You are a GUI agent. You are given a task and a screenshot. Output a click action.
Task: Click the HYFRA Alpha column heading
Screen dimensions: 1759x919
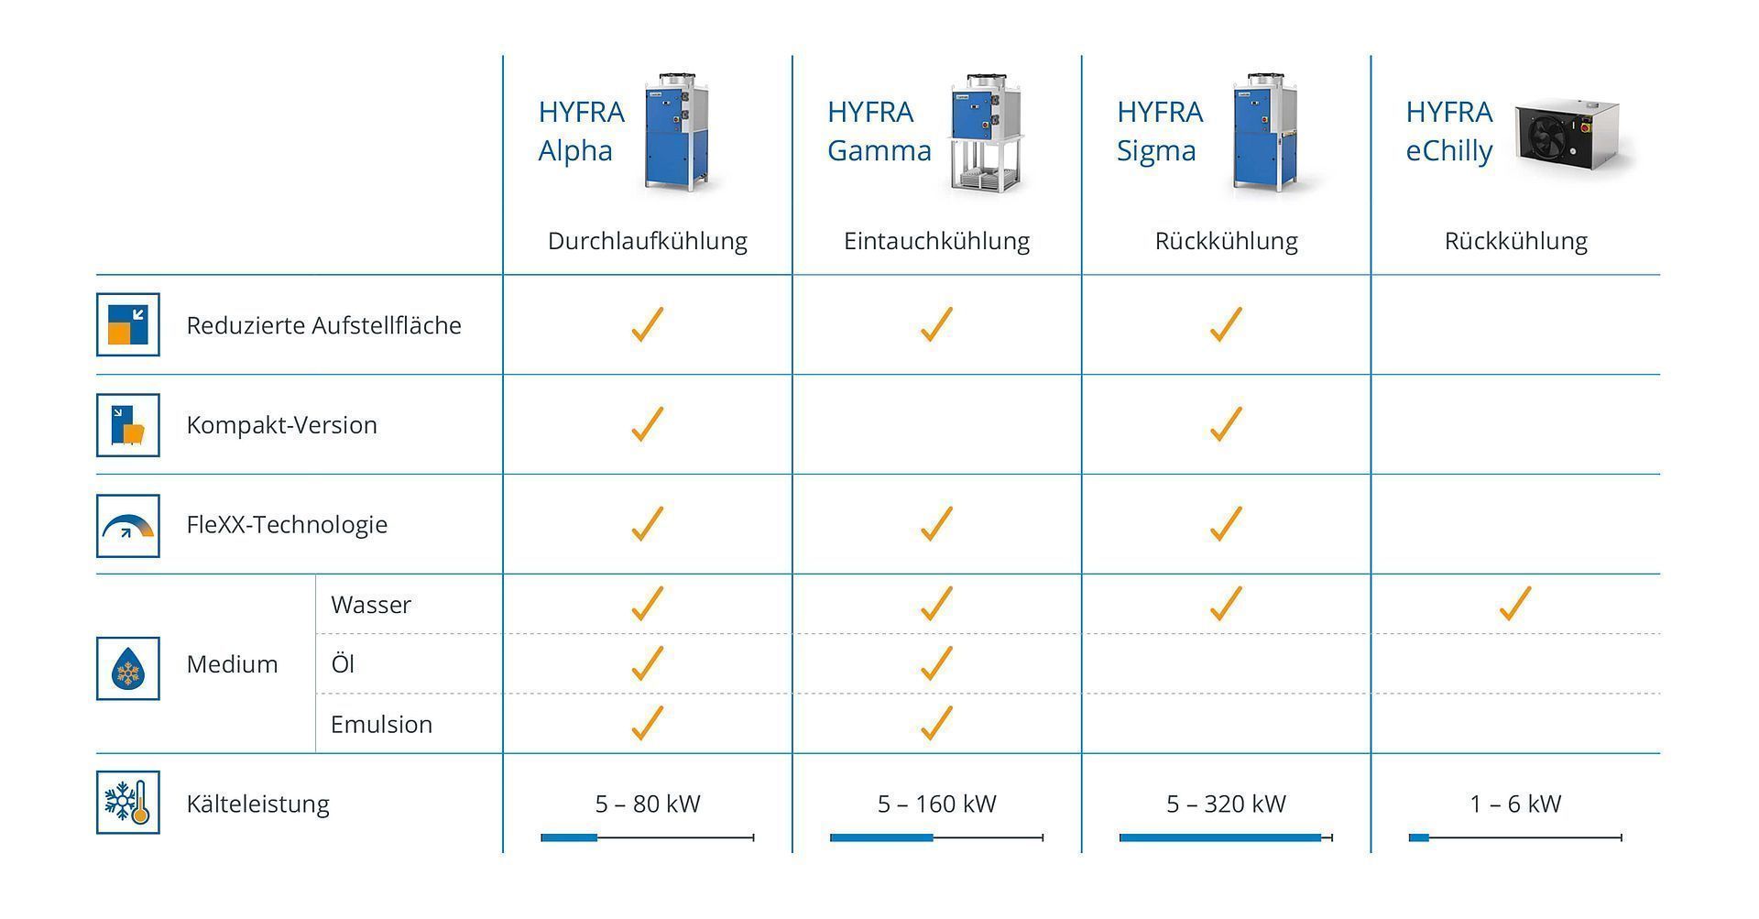pos(581,131)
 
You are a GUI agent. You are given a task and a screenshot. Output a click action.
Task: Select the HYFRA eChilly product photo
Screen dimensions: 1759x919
pos(1574,136)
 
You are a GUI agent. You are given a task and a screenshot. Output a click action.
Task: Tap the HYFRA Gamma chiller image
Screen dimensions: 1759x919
pos(984,134)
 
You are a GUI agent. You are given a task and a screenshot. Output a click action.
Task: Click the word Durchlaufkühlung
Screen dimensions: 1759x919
pos(647,241)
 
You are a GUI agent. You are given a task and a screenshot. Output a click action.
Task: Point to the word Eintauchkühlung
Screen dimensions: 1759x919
pos(936,241)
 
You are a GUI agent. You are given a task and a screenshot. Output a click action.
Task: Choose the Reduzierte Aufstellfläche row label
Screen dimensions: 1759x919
pos(323,325)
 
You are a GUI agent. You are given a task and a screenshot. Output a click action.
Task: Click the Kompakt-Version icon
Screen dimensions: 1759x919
pos(128,425)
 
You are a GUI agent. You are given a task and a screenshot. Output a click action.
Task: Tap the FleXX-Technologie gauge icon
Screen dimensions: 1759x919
pos(128,526)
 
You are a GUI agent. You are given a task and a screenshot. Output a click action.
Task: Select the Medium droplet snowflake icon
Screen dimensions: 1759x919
pos(128,669)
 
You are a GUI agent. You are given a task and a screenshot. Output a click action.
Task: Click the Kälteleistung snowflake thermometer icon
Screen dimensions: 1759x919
pos(128,803)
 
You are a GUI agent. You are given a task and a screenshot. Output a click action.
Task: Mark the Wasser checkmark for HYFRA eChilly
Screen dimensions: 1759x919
pos(1515,604)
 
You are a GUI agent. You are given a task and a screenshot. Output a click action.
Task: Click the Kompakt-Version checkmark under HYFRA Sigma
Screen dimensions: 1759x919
pos(1226,424)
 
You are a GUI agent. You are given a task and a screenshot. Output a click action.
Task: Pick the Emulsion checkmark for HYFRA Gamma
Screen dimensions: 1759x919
pos(936,723)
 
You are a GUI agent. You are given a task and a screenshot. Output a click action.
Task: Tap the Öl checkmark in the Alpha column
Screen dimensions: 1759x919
pos(647,663)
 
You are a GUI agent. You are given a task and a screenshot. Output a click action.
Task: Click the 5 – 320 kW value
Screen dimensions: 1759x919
pos(1226,804)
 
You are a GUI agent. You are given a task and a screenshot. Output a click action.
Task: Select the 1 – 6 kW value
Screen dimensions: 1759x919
pos(1515,804)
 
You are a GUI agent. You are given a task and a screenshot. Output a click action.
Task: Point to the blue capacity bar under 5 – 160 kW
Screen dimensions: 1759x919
pos(881,837)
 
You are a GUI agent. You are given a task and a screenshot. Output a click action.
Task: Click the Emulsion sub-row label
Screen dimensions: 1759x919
pos(381,724)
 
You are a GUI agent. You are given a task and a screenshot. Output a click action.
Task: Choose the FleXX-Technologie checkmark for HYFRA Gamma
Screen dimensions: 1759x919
pos(936,524)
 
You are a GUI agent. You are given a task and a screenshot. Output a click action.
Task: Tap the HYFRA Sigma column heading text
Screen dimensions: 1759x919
pos(1159,131)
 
